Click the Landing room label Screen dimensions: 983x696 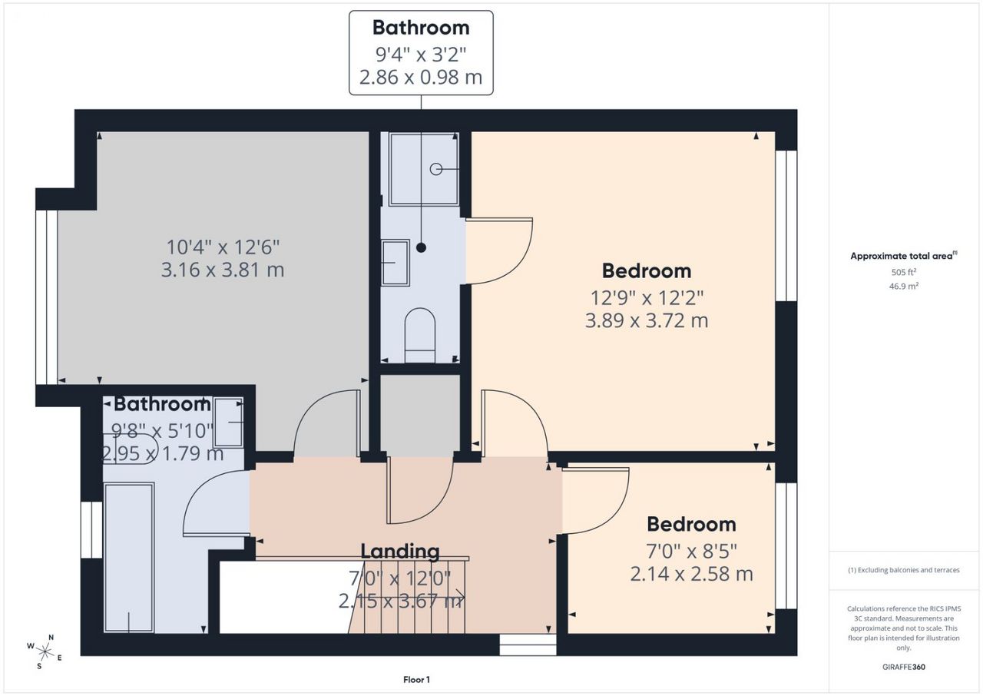point(400,552)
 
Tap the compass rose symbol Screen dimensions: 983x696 point(45,652)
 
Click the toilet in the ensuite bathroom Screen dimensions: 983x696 point(420,335)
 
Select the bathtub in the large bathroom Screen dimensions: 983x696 point(128,557)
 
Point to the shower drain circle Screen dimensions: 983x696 point(435,169)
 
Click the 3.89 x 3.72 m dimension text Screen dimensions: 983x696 point(647,321)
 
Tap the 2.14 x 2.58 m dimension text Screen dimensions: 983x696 point(691,574)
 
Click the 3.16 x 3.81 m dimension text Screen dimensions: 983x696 point(223,270)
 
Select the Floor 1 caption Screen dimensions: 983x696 point(416,680)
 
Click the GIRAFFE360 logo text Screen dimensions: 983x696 point(904,667)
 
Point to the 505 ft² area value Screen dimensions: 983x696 point(904,272)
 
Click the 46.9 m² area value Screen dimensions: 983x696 point(904,286)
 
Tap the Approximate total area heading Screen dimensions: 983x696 point(904,256)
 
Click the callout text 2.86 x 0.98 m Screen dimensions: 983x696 point(421,78)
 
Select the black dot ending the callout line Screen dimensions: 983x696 point(421,248)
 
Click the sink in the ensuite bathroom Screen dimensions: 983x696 point(396,263)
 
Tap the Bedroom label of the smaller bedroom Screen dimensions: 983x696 point(691,525)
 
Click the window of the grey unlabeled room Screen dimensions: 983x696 point(47,297)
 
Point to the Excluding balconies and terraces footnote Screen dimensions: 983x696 point(904,570)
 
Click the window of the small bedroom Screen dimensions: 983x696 point(786,546)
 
